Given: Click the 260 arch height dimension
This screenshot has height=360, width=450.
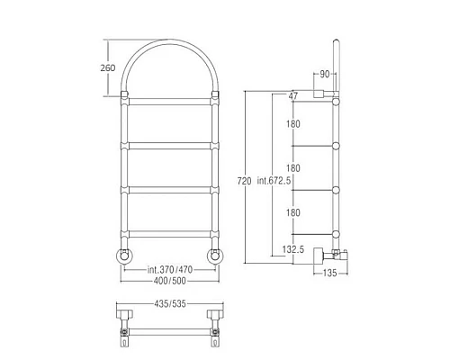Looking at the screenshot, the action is [108, 67].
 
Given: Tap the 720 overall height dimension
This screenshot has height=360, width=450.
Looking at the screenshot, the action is [244, 181].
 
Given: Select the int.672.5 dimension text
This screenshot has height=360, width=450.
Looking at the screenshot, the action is [274, 181].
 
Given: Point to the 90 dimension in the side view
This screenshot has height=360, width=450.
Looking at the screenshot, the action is [325, 74].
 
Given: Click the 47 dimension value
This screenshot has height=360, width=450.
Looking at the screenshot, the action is [292, 95].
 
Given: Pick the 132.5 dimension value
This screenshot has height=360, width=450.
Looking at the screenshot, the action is [293, 249].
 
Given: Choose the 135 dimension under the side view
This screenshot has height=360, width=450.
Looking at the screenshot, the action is [329, 273].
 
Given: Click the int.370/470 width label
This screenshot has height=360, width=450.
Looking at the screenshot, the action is [170, 270].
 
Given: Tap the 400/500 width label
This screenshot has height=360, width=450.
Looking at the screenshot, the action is [170, 281].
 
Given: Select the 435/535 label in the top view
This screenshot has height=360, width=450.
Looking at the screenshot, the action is [170, 304].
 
